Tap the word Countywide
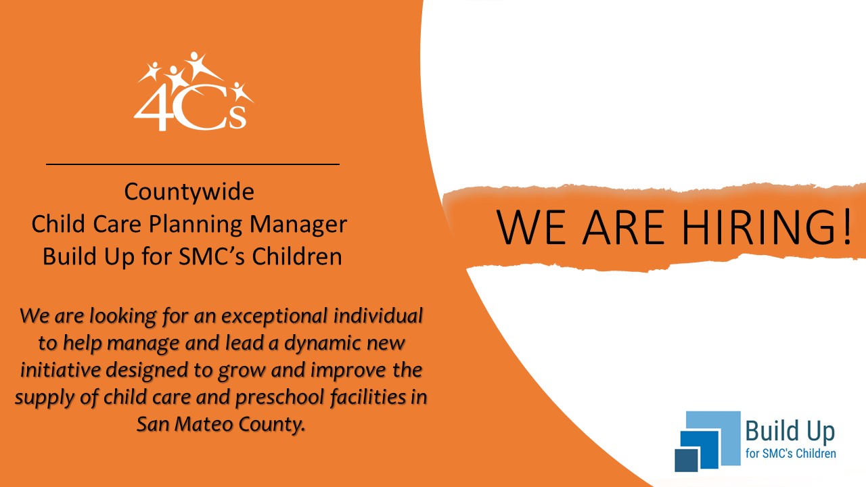click(189, 192)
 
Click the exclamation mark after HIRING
click(846, 226)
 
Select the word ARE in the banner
click(624, 227)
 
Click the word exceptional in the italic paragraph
click(275, 317)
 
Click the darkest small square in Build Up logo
click(686, 460)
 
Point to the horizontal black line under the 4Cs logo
click(193, 164)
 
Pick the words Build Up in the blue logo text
click(790, 432)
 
